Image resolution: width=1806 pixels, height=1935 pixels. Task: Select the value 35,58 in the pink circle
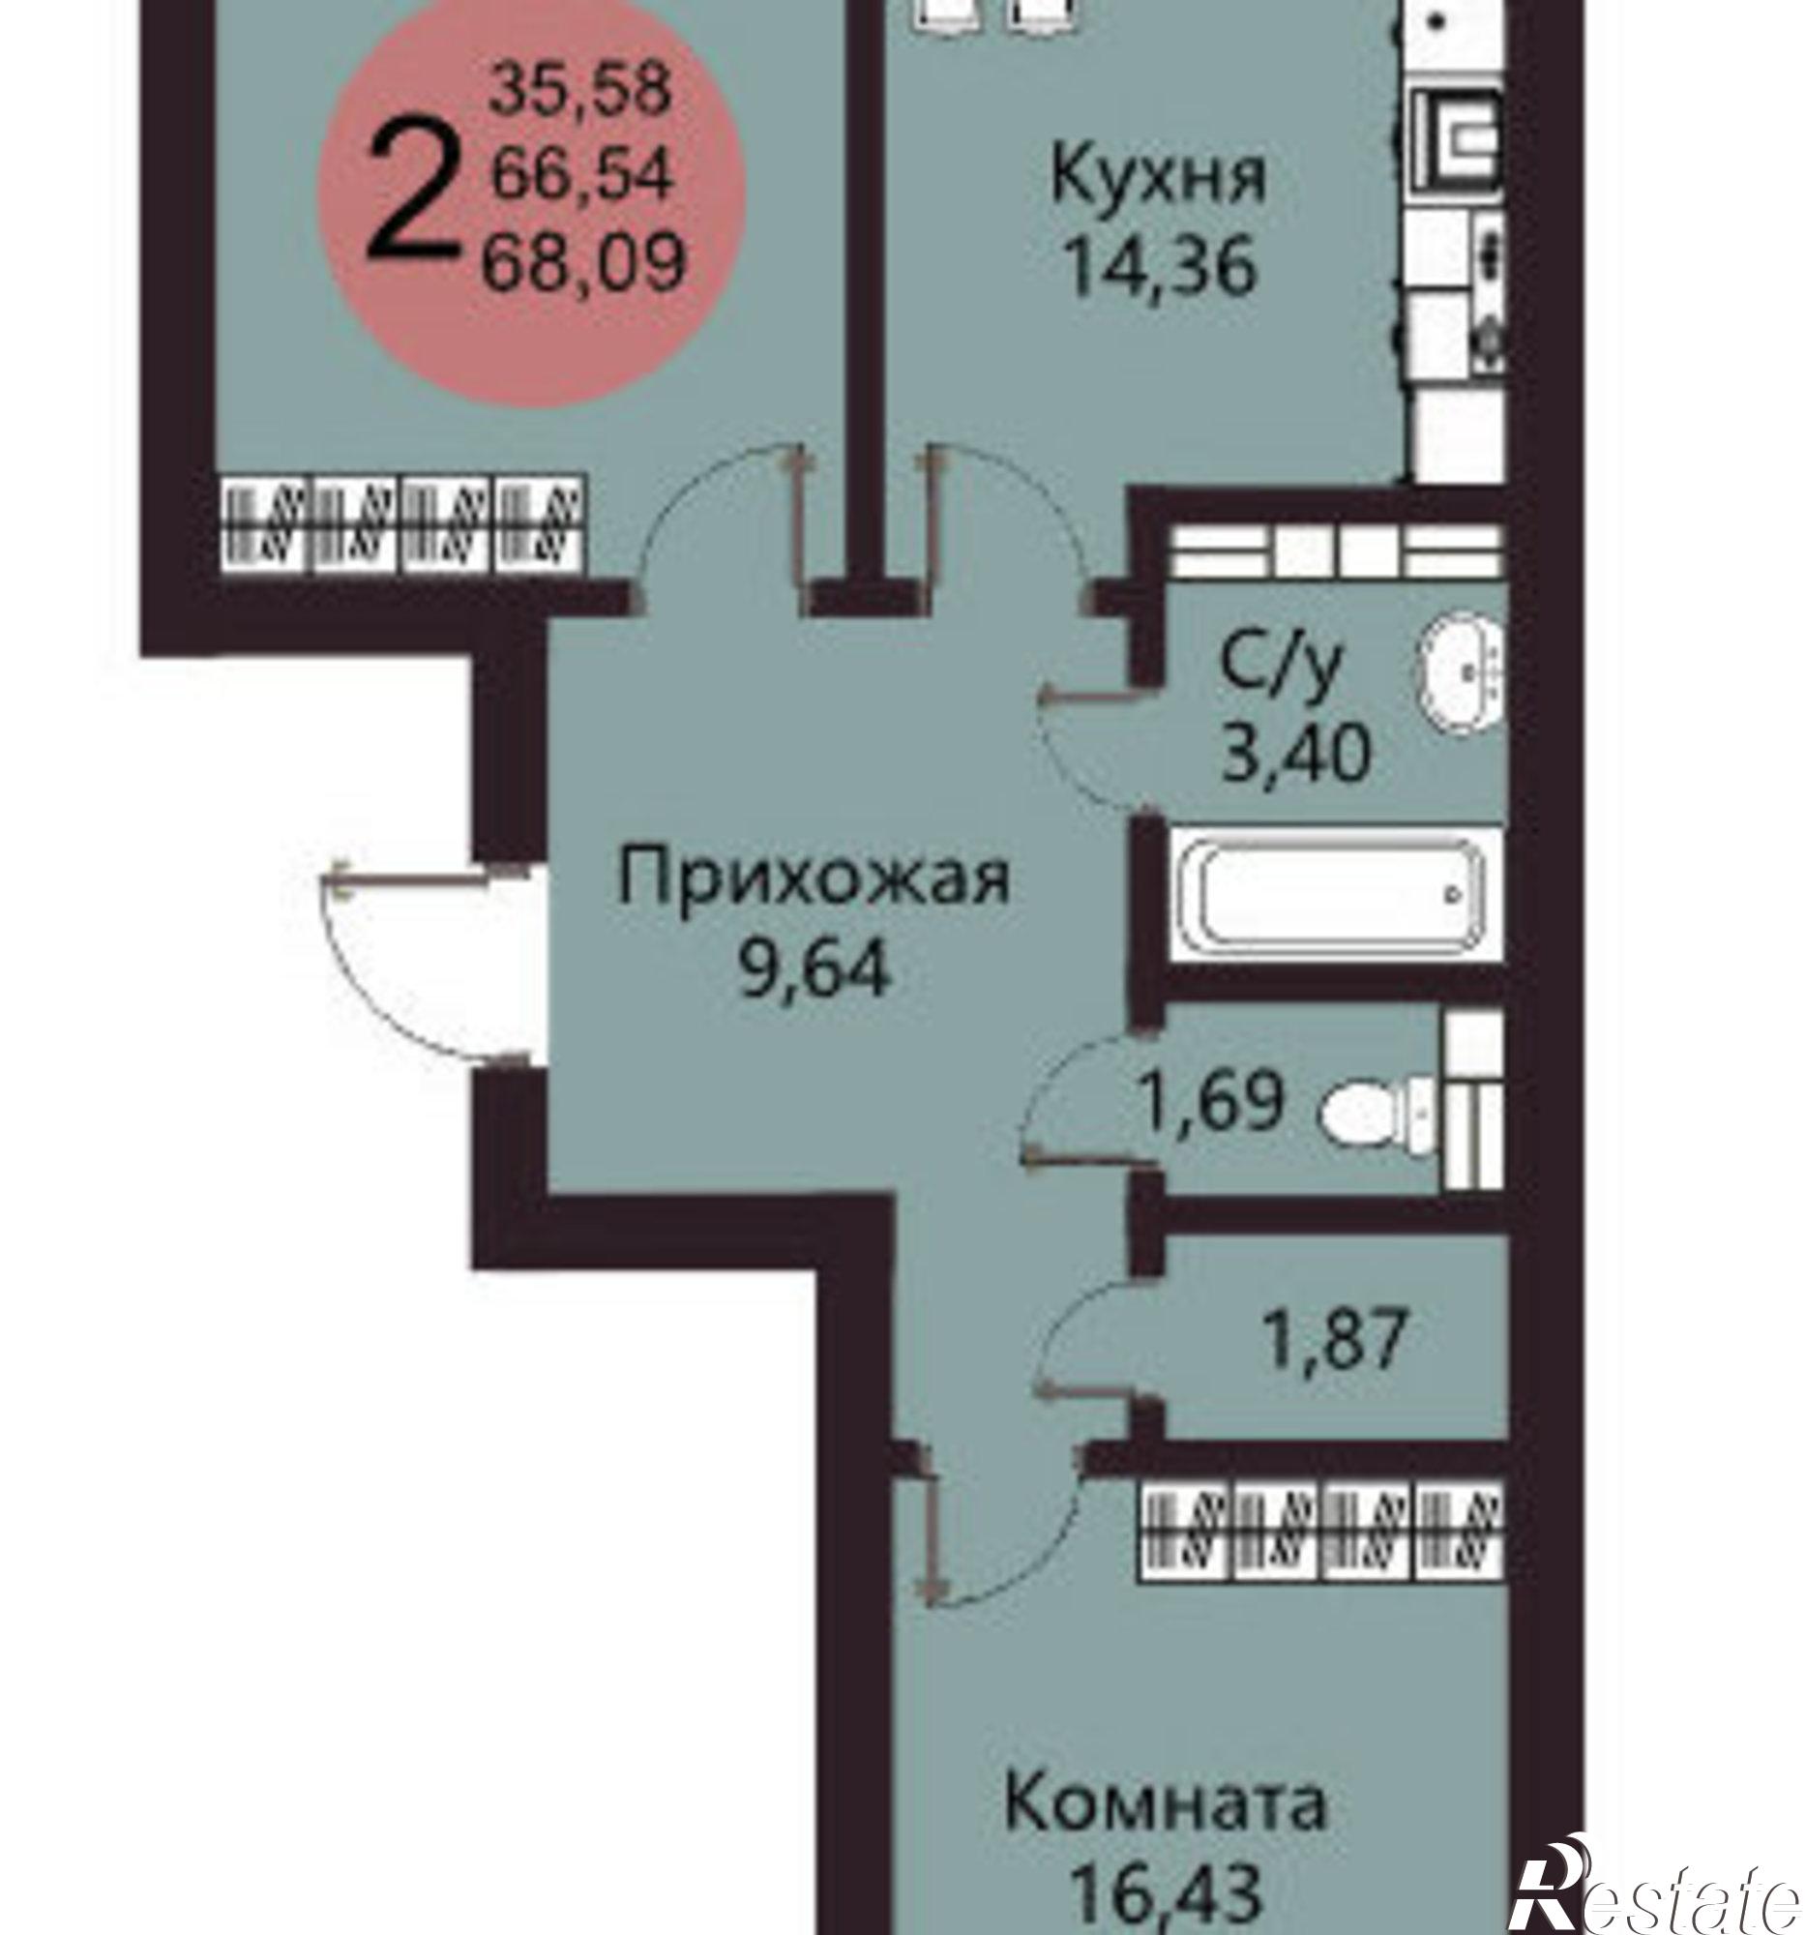pyautogui.click(x=580, y=90)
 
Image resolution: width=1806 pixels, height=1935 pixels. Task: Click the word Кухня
pyautogui.click(x=1159, y=177)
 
